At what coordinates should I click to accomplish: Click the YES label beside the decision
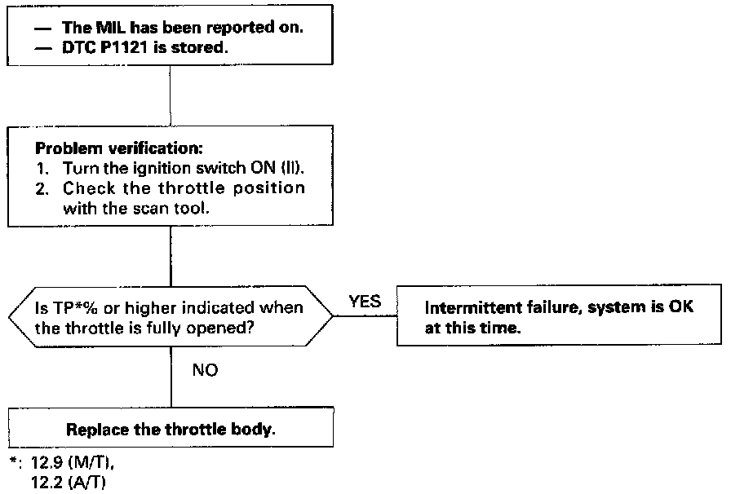pos(365,302)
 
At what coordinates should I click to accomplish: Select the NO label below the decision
pos(205,369)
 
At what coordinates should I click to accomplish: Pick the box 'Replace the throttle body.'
pos(171,430)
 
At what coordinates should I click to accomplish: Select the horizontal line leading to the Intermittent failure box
pos(365,317)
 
